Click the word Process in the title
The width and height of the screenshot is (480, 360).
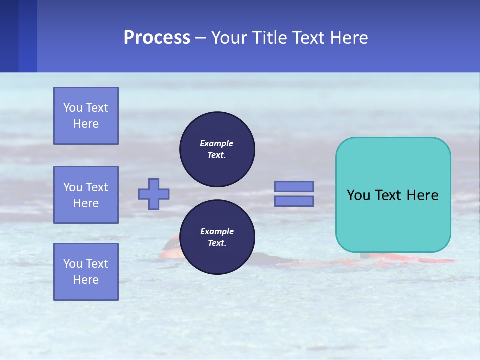tap(157, 38)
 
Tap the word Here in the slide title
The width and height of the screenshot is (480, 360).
tap(348, 38)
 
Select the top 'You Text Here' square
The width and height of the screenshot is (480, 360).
tap(86, 116)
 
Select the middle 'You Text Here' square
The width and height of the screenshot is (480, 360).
tap(86, 195)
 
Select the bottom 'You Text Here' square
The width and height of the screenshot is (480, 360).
tap(86, 272)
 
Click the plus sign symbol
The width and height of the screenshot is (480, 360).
tap(154, 194)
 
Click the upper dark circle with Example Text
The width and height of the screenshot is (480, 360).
tap(217, 149)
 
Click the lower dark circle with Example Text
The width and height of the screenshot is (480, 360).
tap(217, 237)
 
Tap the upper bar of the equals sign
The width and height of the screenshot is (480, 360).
tap(294, 186)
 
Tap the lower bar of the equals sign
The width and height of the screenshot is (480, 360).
tap(294, 201)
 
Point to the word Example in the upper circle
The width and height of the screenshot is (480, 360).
tap(217, 143)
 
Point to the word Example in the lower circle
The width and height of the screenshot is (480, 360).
tap(217, 231)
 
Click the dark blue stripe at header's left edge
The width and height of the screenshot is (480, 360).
tap(9, 36)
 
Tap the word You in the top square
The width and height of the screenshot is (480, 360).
tap(73, 108)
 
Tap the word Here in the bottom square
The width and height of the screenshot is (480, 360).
tap(86, 280)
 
